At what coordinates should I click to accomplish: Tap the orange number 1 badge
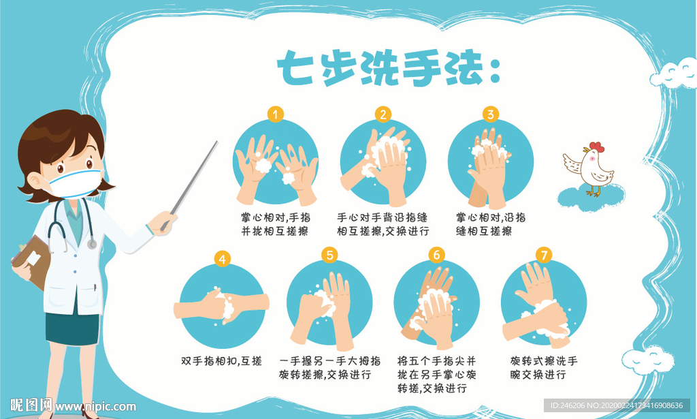(275, 114)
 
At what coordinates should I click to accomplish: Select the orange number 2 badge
(383, 114)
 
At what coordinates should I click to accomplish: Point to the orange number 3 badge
(490, 114)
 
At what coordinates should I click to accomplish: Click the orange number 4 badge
(222, 259)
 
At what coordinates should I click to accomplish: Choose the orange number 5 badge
(329, 255)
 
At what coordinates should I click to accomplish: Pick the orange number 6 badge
(436, 255)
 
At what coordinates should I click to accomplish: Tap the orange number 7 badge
(542, 255)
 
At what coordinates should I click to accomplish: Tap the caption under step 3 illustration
(490, 224)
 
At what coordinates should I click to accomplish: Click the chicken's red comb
(596, 146)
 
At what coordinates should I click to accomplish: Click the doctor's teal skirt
(72, 328)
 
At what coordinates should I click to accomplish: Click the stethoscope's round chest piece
(91, 243)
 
